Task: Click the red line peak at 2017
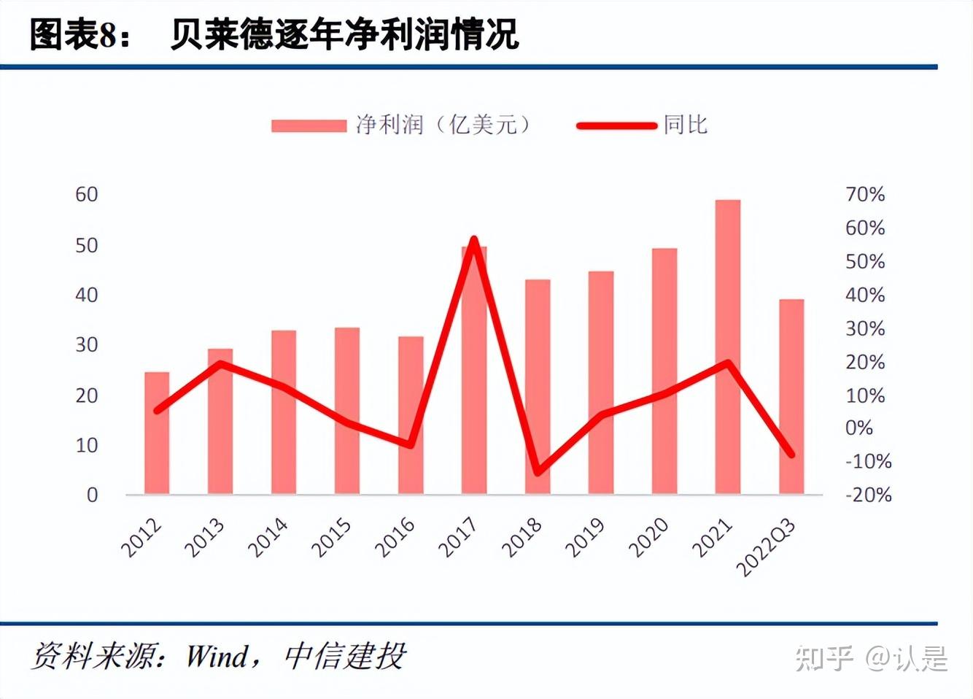[x=474, y=240]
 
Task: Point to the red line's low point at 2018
[x=538, y=471]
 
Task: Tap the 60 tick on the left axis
[x=87, y=194]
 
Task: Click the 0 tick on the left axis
[x=92, y=495]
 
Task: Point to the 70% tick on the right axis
[x=865, y=194]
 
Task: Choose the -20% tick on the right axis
[x=868, y=495]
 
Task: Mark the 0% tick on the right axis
[x=859, y=428]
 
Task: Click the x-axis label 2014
[x=268, y=538]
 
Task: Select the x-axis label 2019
[x=585, y=538]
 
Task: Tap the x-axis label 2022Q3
[x=766, y=547]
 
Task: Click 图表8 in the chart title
[x=74, y=34]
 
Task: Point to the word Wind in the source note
[x=217, y=656]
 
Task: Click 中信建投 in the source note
[x=344, y=656]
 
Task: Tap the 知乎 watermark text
[x=824, y=658]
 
